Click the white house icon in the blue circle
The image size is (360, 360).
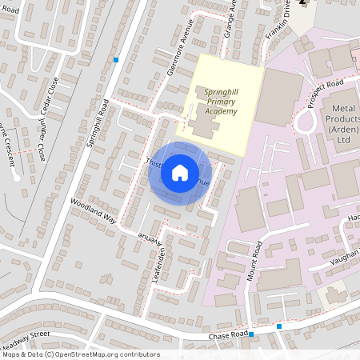(180, 172)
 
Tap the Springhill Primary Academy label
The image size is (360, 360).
(220, 101)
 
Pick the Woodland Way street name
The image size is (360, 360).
(93, 210)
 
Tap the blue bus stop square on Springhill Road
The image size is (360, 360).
(116, 59)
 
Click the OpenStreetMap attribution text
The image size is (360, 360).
(80, 354)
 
